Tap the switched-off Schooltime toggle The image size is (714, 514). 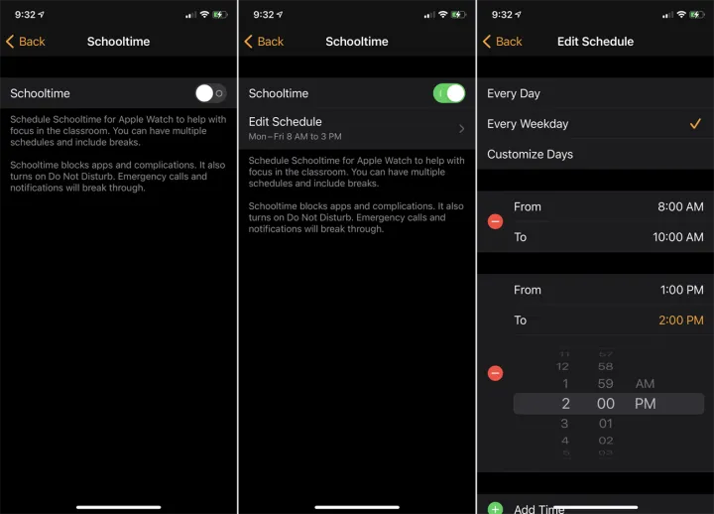click(211, 93)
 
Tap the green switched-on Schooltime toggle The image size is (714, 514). click(449, 93)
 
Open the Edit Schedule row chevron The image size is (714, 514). click(462, 129)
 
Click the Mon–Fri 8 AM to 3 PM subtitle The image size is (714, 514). click(295, 136)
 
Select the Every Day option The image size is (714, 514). click(514, 93)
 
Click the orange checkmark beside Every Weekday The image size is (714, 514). click(695, 123)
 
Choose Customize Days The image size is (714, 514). click(530, 154)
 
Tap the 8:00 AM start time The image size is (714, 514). click(680, 206)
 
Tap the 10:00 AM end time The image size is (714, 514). click(678, 237)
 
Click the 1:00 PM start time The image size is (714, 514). click(681, 290)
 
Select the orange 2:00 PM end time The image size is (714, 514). click(680, 321)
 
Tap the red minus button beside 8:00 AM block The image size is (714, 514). click(496, 222)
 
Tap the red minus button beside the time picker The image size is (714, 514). click(496, 373)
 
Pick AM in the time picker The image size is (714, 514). click(645, 384)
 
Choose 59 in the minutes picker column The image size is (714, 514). click(605, 384)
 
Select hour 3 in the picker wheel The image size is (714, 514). click(564, 424)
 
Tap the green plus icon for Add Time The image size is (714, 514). click(496, 508)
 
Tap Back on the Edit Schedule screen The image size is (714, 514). click(502, 42)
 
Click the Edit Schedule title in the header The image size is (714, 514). click(595, 42)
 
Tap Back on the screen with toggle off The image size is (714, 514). click(26, 42)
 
